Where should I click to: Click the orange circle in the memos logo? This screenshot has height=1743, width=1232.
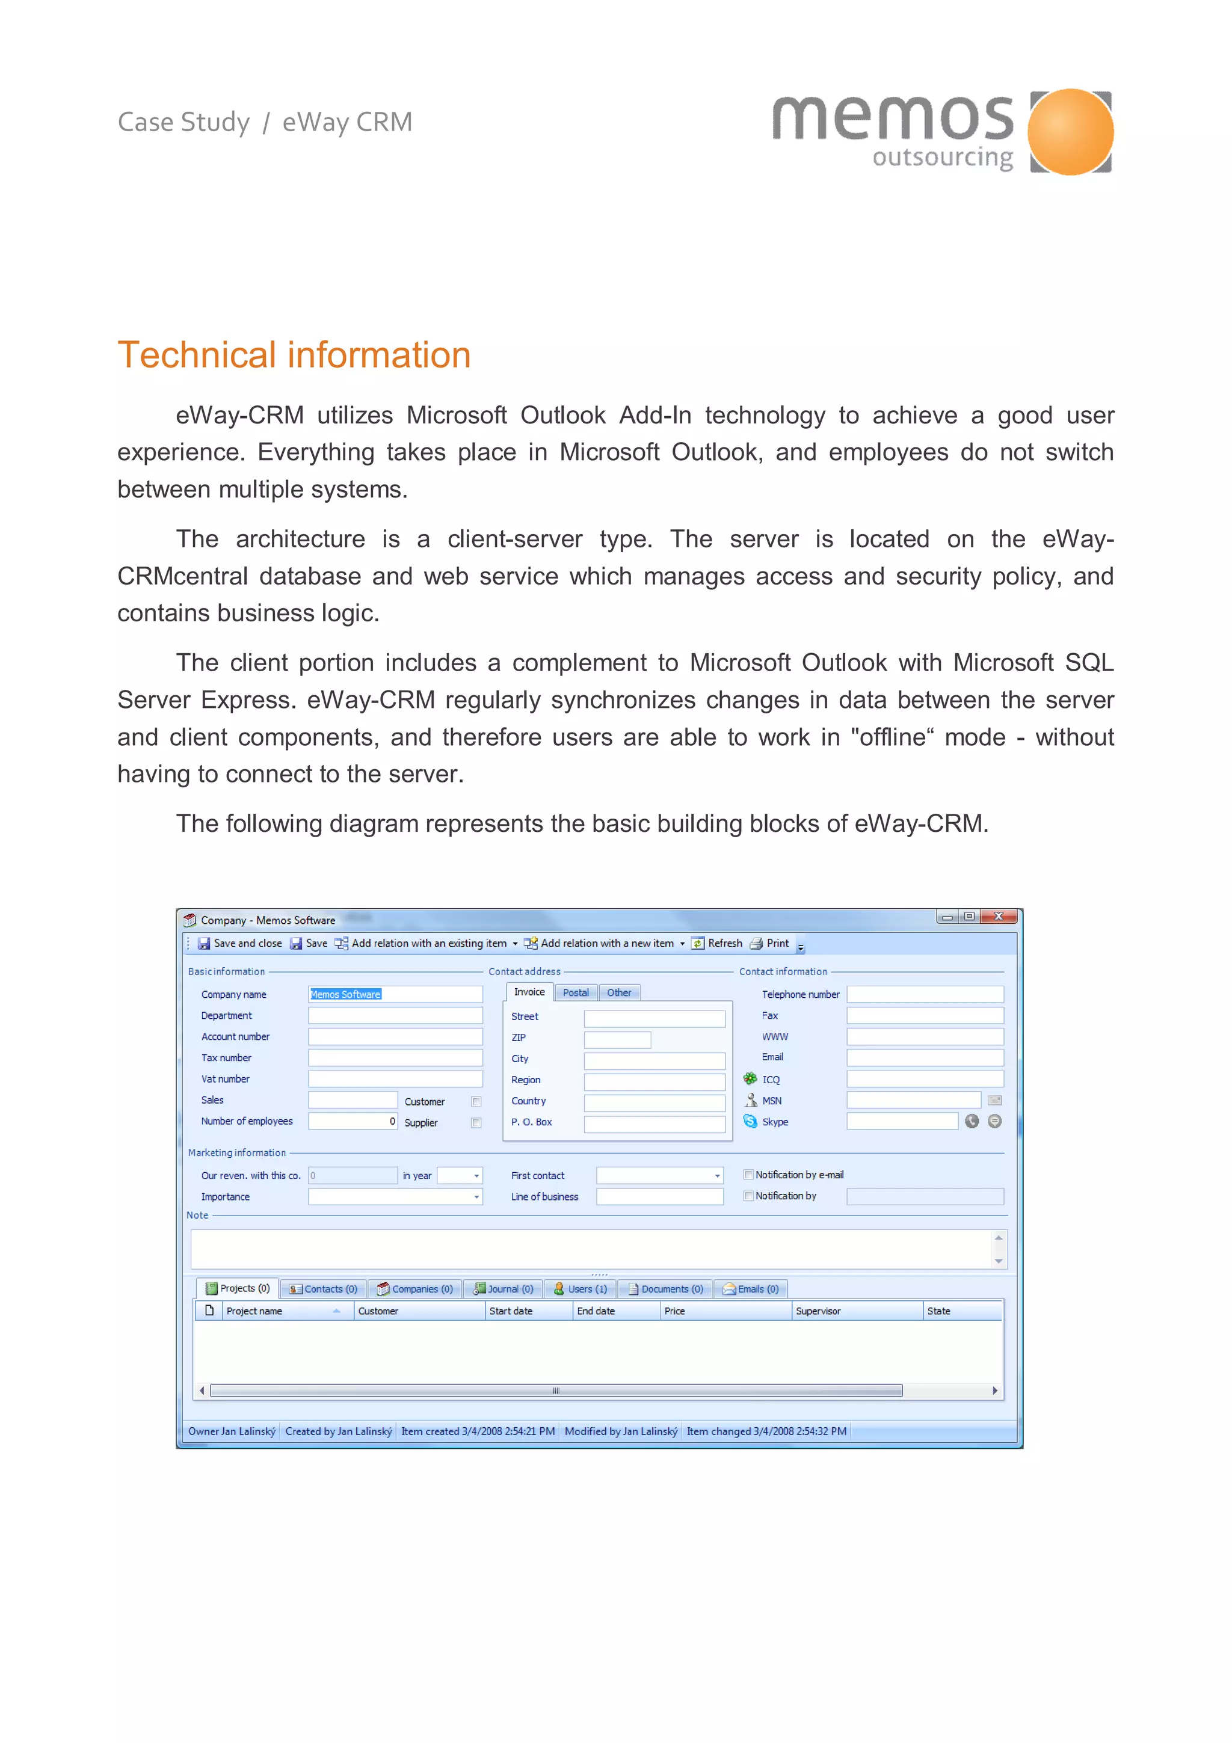pos(1070,132)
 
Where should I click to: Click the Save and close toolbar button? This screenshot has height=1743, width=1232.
pos(240,943)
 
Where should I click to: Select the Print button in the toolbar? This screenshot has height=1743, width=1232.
pos(770,943)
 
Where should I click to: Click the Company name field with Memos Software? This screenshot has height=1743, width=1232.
pos(395,994)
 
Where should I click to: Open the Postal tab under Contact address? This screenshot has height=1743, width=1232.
pos(575,992)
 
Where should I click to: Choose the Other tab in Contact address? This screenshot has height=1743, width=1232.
pos(618,992)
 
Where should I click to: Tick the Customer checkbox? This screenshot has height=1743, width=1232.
pos(476,1101)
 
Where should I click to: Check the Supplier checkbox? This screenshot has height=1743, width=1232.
pos(476,1123)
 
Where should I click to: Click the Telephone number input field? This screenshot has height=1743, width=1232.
pos(925,994)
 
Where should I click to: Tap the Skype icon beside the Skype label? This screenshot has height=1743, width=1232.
pos(750,1121)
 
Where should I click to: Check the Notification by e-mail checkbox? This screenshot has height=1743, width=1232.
pos(748,1175)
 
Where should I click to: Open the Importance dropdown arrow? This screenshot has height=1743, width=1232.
pos(476,1197)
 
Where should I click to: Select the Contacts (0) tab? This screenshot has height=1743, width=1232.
pos(324,1289)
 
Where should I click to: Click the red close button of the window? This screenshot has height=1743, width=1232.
pos(998,916)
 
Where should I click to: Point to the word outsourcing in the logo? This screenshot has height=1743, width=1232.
pos(942,158)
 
